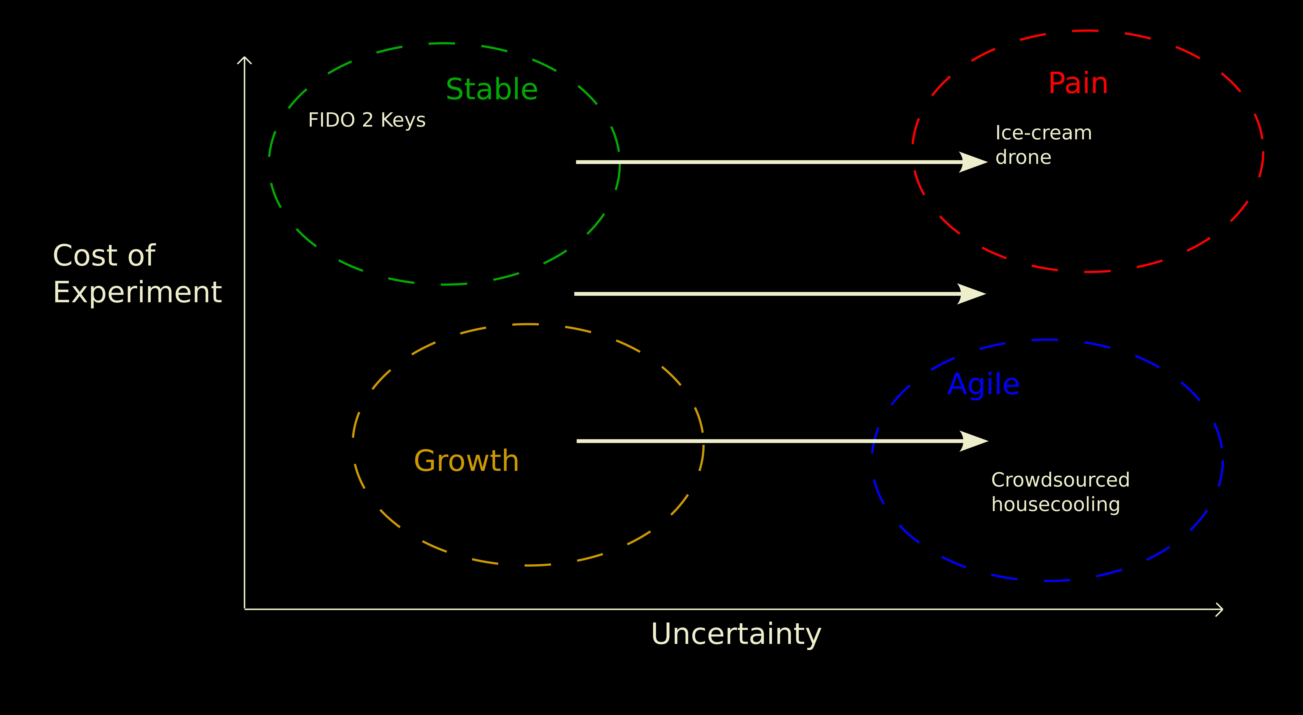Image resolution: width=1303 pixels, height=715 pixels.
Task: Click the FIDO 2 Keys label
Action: pyautogui.click(x=367, y=120)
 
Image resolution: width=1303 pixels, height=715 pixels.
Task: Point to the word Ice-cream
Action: pyautogui.click(x=1043, y=133)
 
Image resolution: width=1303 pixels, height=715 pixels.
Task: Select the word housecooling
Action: pyautogui.click(x=1055, y=505)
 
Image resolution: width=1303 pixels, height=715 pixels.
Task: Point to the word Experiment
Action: pyautogui.click(x=137, y=292)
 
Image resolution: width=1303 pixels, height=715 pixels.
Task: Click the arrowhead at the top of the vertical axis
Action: pyautogui.click(x=244, y=60)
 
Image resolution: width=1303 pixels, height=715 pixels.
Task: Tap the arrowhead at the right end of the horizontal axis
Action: pyautogui.click(x=1219, y=609)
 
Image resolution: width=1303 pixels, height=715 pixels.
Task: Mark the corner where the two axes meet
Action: pyautogui.click(x=245, y=609)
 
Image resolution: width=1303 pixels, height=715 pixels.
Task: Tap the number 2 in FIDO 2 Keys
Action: pyautogui.click(x=368, y=120)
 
